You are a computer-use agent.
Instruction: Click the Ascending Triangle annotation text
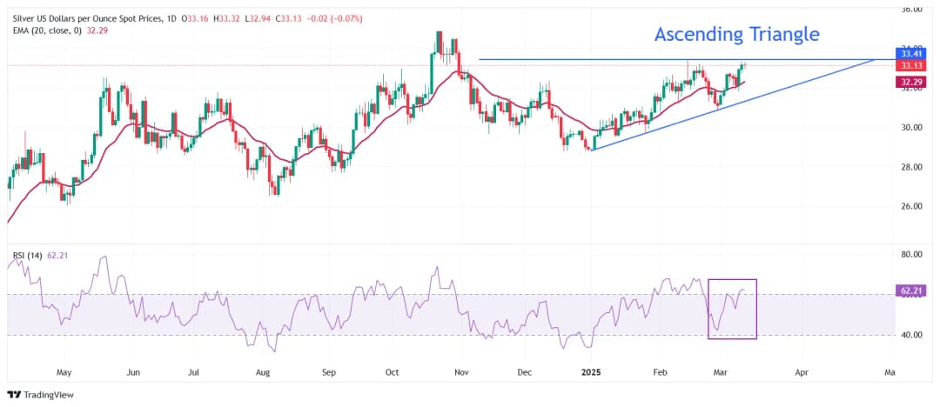(736, 35)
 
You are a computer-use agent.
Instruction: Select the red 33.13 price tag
(910, 65)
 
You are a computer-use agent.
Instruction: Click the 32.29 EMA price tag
(910, 82)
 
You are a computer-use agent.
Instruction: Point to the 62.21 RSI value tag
(910, 293)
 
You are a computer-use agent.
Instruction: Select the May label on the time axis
(64, 371)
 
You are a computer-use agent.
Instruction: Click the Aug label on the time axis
(264, 371)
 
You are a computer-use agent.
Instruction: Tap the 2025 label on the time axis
(592, 371)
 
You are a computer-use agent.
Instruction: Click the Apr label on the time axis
(801, 371)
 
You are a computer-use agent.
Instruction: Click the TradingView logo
(41, 394)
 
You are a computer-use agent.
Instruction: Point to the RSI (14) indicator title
(29, 256)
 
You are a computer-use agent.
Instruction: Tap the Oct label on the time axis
(392, 371)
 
